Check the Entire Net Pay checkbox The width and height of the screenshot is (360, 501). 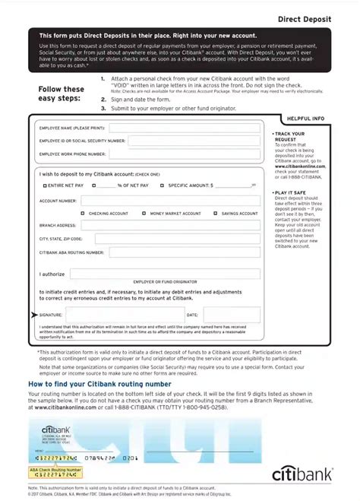[x=43, y=185]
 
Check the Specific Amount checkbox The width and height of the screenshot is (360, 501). [x=163, y=185]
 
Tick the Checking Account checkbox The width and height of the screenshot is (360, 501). [x=84, y=214]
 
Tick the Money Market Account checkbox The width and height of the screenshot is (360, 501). [x=144, y=214]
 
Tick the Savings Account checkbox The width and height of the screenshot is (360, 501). [x=216, y=214]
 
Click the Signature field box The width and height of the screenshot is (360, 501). [x=122, y=314]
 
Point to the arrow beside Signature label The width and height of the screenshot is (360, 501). [x=33, y=314]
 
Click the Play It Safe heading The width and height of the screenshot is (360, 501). [x=289, y=193]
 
